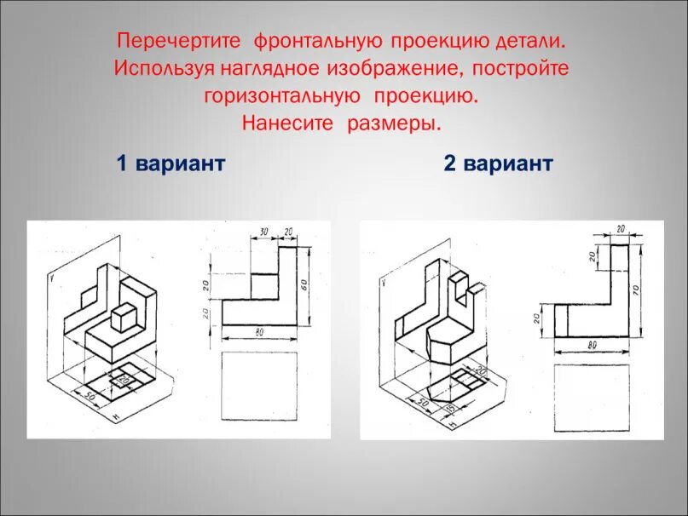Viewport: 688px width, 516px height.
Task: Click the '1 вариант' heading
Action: [171, 163]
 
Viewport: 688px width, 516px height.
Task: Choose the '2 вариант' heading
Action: [498, 163]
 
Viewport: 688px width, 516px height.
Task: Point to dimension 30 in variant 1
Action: [263, 232]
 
